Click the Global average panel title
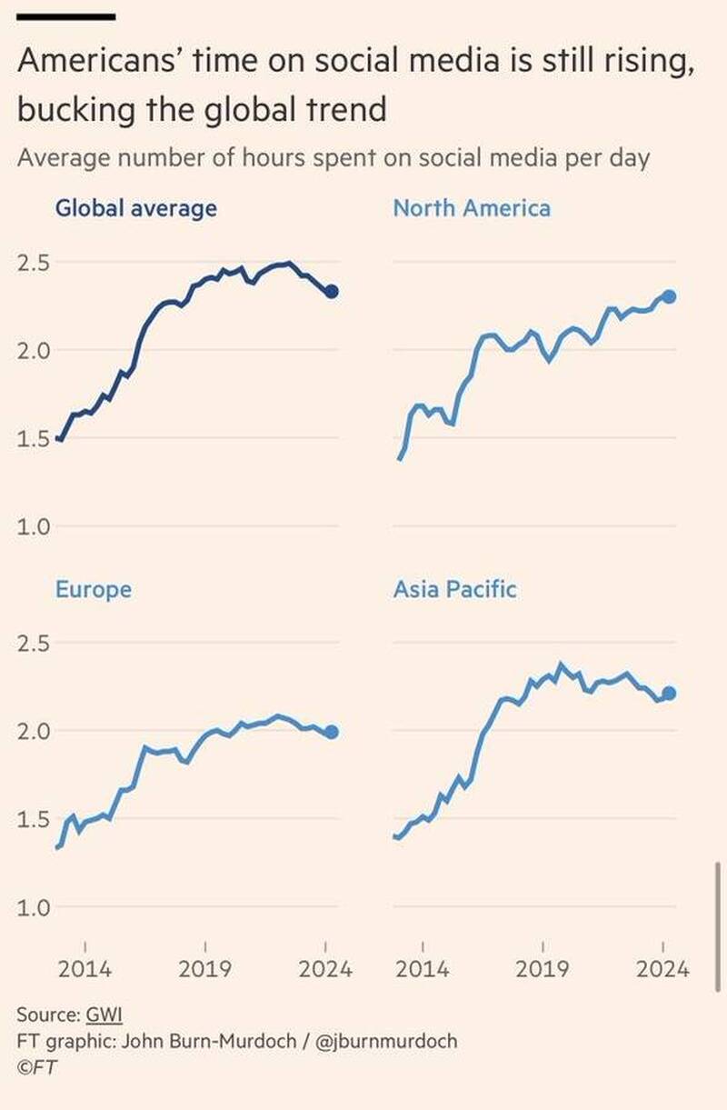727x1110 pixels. pyautogui.click(x=136, y=208)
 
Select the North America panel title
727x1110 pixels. pyautogui.click(x=472, y=208)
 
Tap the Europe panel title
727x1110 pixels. pyautogui.click(x=94, y=589)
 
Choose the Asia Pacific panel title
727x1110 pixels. pyautogui.click(x=454, y=589)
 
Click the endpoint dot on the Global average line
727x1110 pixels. pyautogui.click(x=332, y=292)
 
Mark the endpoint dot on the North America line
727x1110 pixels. pyautogui.click(x=670, y=296)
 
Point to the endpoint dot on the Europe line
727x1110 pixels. pyautogui.click(x=332, y=732)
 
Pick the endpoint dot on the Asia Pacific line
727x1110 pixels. pyautogui.click(x=670, y=694)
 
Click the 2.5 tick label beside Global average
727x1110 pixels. pyautogui.click(x=35, y=263)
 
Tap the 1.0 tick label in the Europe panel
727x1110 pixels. pyautogui.click(x=35, y=907)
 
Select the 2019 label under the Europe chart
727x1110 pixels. pyautogui.click(x=205, y=969)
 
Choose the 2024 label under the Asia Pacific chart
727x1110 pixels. pyautogui.click(x=662, y=969)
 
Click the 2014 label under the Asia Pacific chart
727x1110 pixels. pyautogui.click(x=423, y=969)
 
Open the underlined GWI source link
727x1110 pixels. pyautogui.click(x=104, y=1015)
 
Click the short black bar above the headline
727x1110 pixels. pyautogui.click(x=66, y=16)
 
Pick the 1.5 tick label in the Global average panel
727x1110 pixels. pyautogui.click(x=35, y=439)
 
